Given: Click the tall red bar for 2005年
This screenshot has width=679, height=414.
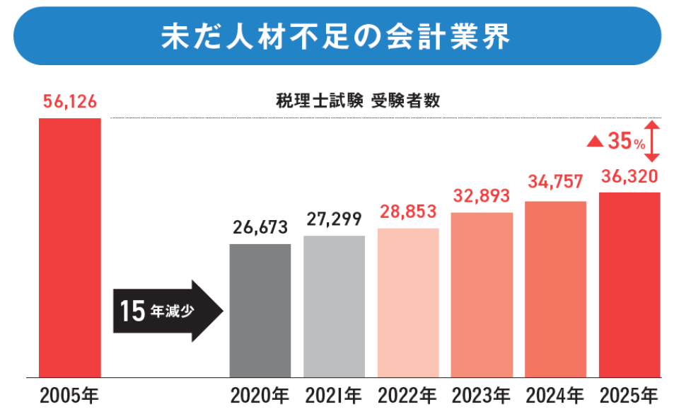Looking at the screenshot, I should pyautogui.click(x=69, y=248).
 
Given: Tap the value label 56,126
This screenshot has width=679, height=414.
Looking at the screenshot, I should pyautogui.click(x=69, y=103).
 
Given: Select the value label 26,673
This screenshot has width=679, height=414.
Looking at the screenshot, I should pyautogui.click(x=260, y=227).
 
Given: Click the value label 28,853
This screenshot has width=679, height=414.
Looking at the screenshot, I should pyautogui.click(x=408, y=212).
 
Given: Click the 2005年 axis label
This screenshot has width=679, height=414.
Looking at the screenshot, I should pyautogui.click(x=69, y=395).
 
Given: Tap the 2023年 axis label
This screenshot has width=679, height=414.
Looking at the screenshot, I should pyautogui.click(x=482, y=395).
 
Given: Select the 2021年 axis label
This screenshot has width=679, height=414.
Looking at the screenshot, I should pyautogui.click(x=334, y=395).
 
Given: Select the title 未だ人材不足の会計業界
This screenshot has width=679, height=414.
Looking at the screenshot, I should pyautogui.click(x=336, y=37).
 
